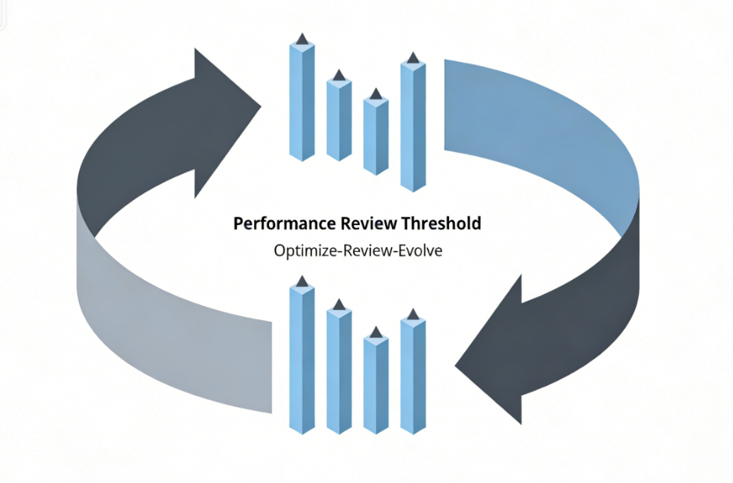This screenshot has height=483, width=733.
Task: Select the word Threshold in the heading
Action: coord(441,223)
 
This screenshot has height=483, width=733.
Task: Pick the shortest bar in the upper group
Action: coord(376,137)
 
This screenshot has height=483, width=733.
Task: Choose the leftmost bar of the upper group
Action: coord(302,102)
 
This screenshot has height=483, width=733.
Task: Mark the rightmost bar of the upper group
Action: coord(413,125)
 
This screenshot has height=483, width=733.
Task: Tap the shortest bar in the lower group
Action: coord(376,384)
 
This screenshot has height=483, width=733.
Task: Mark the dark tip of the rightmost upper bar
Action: coord(413,57)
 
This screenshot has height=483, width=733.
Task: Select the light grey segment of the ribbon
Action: coord(172,329)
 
